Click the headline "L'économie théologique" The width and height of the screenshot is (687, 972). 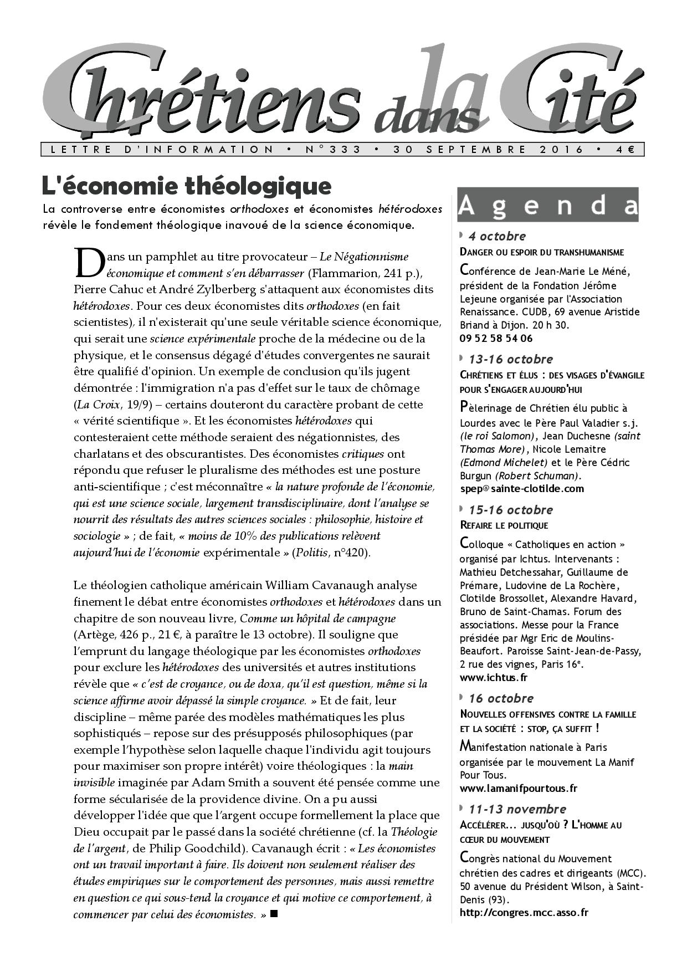(187, 186)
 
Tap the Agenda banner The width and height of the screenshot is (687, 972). (547, 205)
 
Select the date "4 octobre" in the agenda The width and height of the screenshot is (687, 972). (497, 236)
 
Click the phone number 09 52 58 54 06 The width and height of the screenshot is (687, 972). (496, 338)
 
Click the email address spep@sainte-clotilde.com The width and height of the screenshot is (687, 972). (522, 488)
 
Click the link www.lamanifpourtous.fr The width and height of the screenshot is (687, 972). (519, 788)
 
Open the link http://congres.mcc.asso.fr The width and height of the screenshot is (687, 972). (524, 912)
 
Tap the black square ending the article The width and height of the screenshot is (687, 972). (273, 914)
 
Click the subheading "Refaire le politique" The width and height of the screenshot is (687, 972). (504, 525)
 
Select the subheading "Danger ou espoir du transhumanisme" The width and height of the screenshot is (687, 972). (542, 252)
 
